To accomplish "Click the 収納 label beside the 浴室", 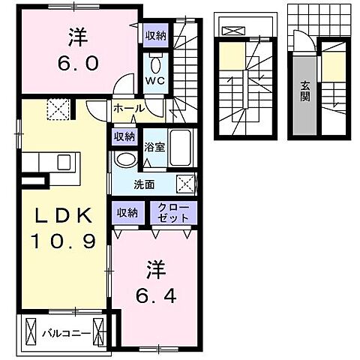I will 124,136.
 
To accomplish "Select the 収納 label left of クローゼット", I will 127,213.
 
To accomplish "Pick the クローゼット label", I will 173,212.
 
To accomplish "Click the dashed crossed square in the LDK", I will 58,109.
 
